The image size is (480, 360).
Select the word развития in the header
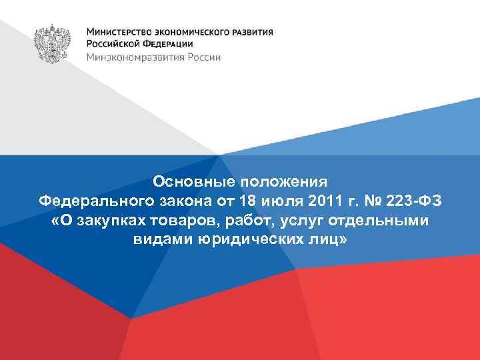click(251, 31)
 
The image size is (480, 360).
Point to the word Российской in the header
click(113, 44)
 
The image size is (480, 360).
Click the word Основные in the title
click(187, 181)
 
